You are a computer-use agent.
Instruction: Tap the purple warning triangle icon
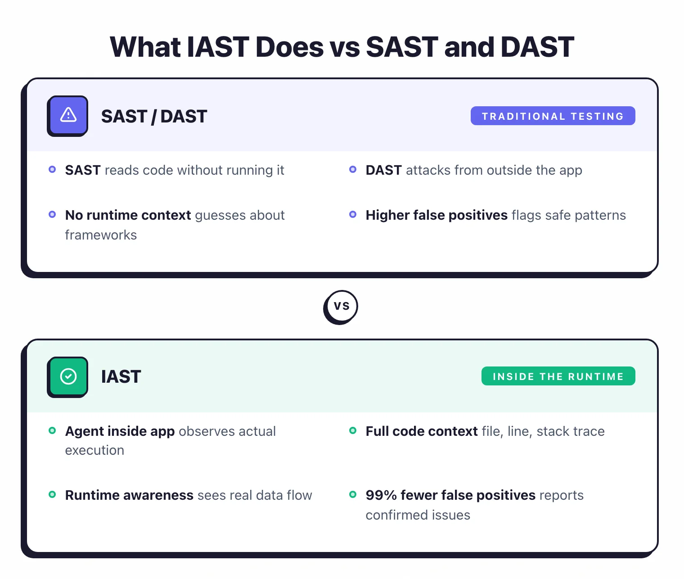tap(68, 115)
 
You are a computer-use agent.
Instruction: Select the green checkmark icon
tap(68, 376)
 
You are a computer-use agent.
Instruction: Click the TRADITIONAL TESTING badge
tap(553, 116)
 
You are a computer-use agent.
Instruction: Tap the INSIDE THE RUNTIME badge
tap(558, 376)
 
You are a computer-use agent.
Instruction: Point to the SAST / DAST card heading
tap(154, 117)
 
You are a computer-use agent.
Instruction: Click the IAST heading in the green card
tap(121, 377)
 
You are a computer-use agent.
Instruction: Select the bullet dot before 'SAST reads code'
tap(52, 170)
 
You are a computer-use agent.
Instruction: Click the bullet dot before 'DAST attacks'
tap(353, 170)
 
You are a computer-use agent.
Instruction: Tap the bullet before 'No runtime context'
tap(52, 215)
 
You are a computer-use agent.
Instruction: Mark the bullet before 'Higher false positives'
tap(353, 215)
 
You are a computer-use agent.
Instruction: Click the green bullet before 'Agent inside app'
tap(52, 431)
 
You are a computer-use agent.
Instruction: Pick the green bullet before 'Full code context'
tap(353, 431)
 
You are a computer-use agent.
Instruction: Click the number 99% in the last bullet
tap(381, 495)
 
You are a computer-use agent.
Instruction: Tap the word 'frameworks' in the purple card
tap(101, 235)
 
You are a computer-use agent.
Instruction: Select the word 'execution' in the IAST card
tap(94, 450)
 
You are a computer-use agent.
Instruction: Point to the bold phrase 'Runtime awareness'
tap(129, 495)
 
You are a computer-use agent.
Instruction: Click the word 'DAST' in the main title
tap(537, 47)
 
